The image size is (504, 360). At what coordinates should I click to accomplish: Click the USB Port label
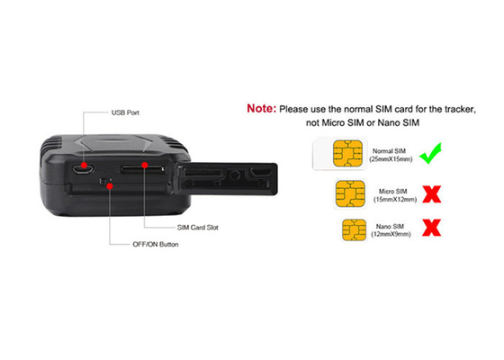tap(125, 112)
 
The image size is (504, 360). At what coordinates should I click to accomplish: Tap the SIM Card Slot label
tap(198, 228)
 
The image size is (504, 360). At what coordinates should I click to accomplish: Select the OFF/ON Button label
tap(156, 244)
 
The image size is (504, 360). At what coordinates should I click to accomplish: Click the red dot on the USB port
tap(84, 166)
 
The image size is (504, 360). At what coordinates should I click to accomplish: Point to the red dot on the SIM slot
tap(145, 166)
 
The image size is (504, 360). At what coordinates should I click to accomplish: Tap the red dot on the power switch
tap(110, 186)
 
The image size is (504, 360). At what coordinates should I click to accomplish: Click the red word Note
tap(261, 109)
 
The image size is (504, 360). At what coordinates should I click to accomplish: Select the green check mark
tap(431, 153)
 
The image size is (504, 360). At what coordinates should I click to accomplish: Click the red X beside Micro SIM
tap(432, 193)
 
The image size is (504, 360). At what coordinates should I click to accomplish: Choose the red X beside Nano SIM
tap(432, 228)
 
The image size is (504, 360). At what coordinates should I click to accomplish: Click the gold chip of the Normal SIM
tap(347, 154)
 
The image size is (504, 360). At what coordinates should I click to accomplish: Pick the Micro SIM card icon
tap(350, 193)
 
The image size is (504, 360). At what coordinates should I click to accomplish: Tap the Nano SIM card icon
tap(354, 229)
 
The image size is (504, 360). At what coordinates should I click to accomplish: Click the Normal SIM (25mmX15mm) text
tap(391, 155)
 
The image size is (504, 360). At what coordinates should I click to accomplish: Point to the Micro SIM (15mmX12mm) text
tap(395, 195)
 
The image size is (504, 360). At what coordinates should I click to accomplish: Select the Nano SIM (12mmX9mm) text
tap(391, 230)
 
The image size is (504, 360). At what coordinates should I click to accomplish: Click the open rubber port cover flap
tap(227, 179)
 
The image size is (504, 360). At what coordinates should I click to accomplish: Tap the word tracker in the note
tap(459, 109)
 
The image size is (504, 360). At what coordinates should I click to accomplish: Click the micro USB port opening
tap(83, 169)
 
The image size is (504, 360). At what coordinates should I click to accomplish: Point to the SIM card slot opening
tap(143, 169)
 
